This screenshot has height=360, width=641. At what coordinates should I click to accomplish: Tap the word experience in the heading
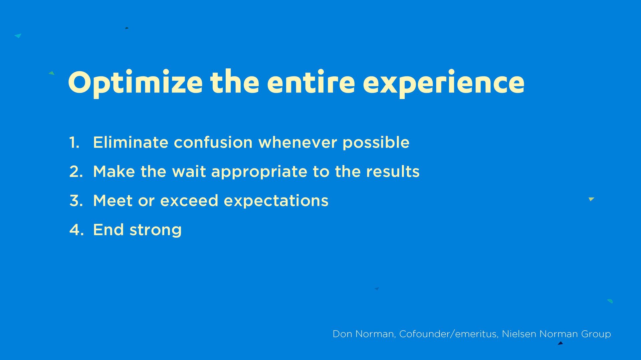(x=444, y=83)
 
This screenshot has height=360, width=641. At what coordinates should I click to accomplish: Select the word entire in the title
(x=311, y=82)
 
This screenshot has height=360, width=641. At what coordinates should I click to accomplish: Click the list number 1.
(x=74, y=142)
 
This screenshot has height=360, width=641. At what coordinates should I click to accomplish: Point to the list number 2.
(x=76, y=171)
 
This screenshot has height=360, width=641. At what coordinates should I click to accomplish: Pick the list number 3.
(x=76, y=201)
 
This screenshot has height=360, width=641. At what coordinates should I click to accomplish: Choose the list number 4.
(x=76, y=230)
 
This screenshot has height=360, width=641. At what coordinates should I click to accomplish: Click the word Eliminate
(x=131, y=142)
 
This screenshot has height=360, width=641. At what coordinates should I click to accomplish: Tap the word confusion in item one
(x=213, y=142)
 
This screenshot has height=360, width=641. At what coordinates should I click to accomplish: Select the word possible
(x=376, y=143)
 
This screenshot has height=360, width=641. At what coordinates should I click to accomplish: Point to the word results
(x=393, y=171)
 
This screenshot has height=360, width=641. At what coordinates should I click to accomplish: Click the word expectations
(x=276, y=202)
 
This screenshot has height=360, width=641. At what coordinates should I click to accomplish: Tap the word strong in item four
(x=156, y=231)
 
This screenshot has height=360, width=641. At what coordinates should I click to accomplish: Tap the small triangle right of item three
(x=591, y=199)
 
